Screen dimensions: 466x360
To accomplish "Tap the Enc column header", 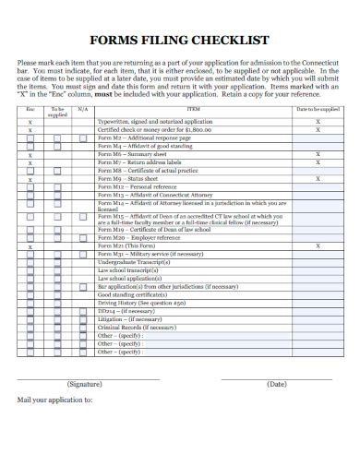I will [x=30, y=108].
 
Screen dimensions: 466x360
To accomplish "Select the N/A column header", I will [x=81, y=109].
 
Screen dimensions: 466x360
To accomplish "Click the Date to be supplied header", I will [x=318, y=108].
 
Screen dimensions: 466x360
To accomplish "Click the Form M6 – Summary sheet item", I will [x=137, y=154].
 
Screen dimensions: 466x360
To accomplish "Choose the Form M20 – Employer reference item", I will [x=141, y=238].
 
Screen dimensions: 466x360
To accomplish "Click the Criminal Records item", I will [x=137, y=327].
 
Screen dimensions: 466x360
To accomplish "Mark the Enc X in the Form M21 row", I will [x=30, y=246].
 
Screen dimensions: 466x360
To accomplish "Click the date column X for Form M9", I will [x=318, y=179].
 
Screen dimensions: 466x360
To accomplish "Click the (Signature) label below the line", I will [x=86, y=383].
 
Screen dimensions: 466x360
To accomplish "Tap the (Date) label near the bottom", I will [x=276, y=383].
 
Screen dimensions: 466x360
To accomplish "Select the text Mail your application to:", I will [x=55, y=400].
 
